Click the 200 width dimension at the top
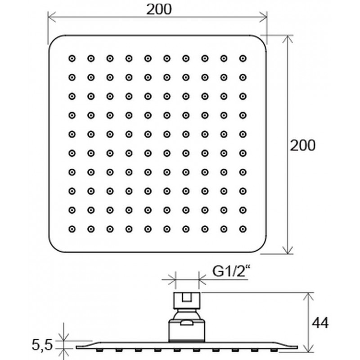click(159, 9)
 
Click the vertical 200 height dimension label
click(302, 145)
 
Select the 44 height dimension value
click(320, 323)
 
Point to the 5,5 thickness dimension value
click(42, 345)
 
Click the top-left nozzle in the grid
click(72, 58)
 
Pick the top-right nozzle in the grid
click(243, 58)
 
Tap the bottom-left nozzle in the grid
click(72, 229)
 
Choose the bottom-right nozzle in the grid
click(243, 229)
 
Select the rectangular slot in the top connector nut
click(187, 297)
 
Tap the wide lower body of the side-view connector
click(186, 331)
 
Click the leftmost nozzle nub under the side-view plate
click(99, 350)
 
